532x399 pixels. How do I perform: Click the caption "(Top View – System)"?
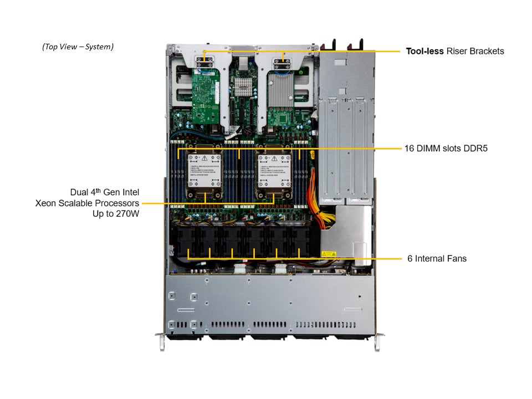pos(78,47)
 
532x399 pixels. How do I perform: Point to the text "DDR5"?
pos(476,149)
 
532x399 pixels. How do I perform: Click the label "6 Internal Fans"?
pos(437,258)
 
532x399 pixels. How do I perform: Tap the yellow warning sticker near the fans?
pos(329,254)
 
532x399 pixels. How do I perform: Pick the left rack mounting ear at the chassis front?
pos(160,341)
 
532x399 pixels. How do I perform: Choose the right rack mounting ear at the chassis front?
pos(377,341)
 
